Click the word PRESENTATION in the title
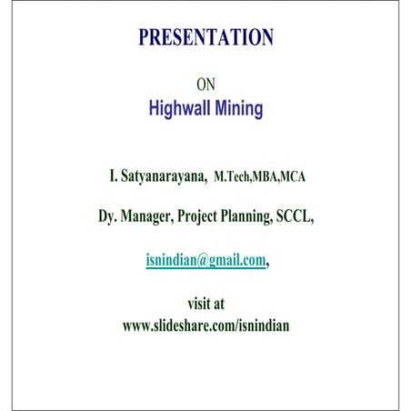pos(205,37)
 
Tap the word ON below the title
pos(205,85)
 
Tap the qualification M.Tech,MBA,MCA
pos(259,176)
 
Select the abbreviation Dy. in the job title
pos(110,217)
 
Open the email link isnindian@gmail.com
pos(205,259)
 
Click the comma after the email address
pos(269,262)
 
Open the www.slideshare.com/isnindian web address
pos(205,325)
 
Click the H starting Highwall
pos(154,109)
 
